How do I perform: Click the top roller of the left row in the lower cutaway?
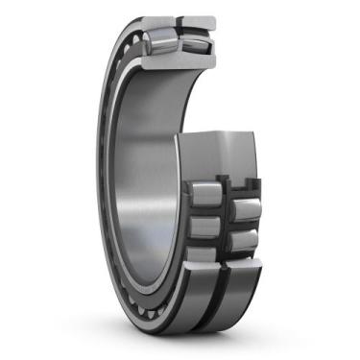click(203, 193)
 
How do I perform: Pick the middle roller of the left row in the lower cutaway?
click(203, 227)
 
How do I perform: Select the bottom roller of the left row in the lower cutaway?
click(203, 255)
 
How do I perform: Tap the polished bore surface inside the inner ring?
click(144, 173)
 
